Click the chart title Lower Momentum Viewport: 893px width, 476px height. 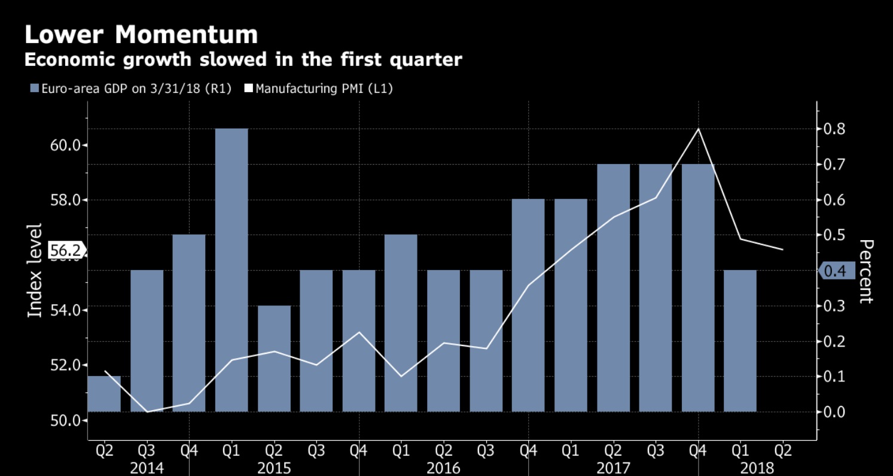[x=141, y=34]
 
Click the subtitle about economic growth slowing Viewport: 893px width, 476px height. [x=242, y=60]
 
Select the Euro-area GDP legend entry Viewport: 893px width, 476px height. [x=131, y=89]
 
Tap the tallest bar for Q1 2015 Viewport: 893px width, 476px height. [x=231, y=269]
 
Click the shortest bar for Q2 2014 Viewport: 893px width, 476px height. [x=104, y=394]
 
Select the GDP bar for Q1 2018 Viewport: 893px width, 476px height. [x=740, y=341]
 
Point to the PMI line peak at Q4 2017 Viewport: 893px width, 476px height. [x=698, y=129]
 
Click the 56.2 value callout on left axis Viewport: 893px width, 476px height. [x=66, y=250]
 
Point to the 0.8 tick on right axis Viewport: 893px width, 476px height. [x=834, y=129]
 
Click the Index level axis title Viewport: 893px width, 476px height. [x=36, y=271]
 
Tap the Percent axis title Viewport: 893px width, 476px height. [x=865, y=271]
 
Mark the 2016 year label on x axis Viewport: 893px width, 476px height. [x=443, y=468]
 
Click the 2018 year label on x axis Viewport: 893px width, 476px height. [x=757, y=468]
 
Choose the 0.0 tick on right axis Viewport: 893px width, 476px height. [x=834, y=412]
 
